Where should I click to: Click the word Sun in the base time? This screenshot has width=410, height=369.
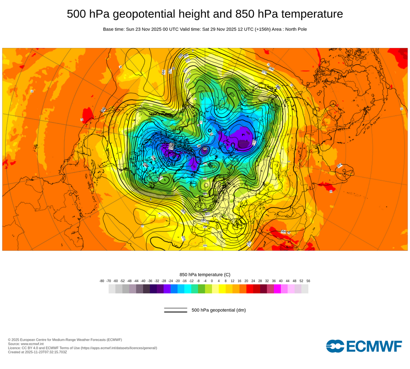click(x=130, y=29)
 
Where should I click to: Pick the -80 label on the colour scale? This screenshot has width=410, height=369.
click(x=102, y=281)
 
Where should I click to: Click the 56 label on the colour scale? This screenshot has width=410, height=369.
click(x=308, y=281)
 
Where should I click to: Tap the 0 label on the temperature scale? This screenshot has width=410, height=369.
click(x=212, y=281)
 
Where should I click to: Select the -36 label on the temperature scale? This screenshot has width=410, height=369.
click(x=150, y=281)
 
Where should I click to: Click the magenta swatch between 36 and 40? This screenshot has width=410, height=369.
click(x=277, y=289)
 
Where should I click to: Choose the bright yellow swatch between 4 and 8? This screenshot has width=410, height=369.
click(x=222, y=289)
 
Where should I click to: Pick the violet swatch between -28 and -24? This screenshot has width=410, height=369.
click(x=167, y=289)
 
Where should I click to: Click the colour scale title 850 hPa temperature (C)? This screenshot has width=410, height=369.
click(x=205, y=274)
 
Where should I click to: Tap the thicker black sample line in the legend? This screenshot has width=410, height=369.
click(x=175, y=312)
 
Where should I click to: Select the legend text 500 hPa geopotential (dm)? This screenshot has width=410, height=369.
click(x=219, y=310)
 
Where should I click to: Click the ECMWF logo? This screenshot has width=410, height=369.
click(x=364, y=346)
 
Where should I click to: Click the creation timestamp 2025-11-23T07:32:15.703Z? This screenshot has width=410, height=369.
click(x=46, y=352)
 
